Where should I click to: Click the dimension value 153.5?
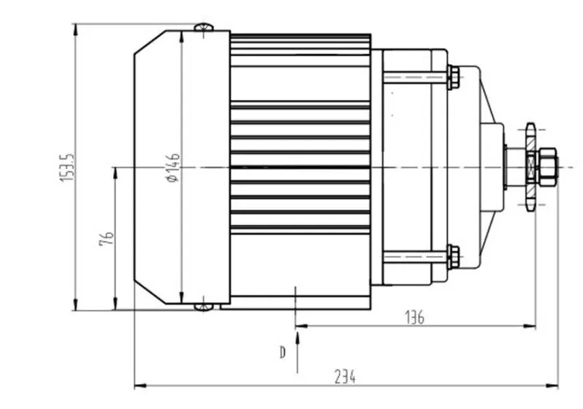[x=68, y=168]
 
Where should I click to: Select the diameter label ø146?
[x=173, y=168]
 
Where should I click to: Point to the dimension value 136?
[x=414, y=318]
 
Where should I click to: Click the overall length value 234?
[x=345, y=377]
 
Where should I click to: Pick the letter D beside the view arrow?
[x=283, y=352]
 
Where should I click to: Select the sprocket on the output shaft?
[x=531, y=167]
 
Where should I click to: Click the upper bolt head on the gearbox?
[x=453, y=77]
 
